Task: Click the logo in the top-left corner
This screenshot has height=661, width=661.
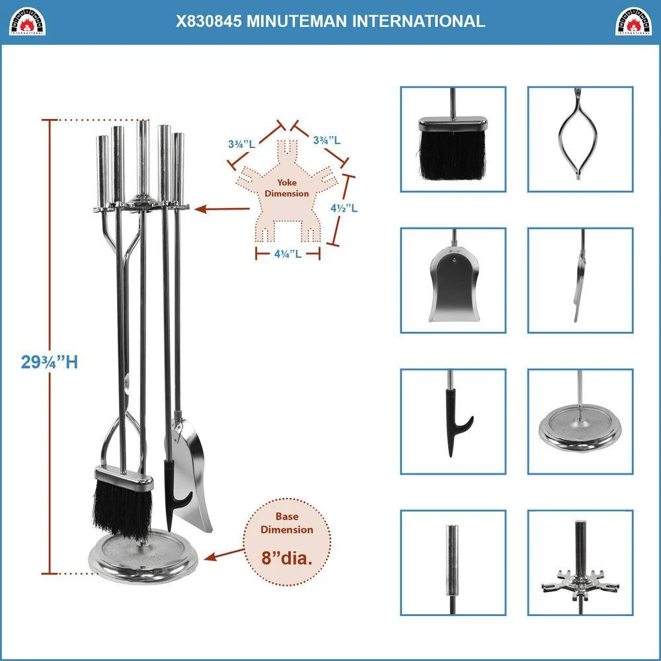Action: pyautogui.click(x=27, y=21)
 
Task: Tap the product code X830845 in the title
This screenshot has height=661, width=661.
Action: pyautogui.click(x=208, y=21)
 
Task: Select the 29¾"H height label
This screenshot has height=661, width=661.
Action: pyautogui.click(x=50, y=362)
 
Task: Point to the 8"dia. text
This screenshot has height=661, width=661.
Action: pyautogui.click(x=286, y=557)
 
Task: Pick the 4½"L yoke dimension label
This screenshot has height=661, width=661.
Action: pyautogui.click(x=344, y=208)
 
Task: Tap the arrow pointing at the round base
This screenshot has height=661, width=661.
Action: pyautogui.click(x=225, y=555)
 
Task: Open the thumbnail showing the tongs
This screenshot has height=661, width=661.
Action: pyautogui.click(x=580, y=139)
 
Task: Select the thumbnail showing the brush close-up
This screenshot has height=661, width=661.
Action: pyautogui.click(x=453, y=139)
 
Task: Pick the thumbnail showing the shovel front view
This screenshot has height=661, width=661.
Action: pyautogui.click(x=453, y=280)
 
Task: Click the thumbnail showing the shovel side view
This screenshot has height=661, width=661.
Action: pyautogui.click(x=580, y=280)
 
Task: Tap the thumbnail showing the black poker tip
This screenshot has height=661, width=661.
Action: pyautogui.click(x=453, y=421)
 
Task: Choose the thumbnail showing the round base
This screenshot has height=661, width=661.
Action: pyautogui.click(x=580, y=421)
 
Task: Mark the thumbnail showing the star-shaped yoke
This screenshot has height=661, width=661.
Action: pyautogui.click(x=580, y=562)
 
